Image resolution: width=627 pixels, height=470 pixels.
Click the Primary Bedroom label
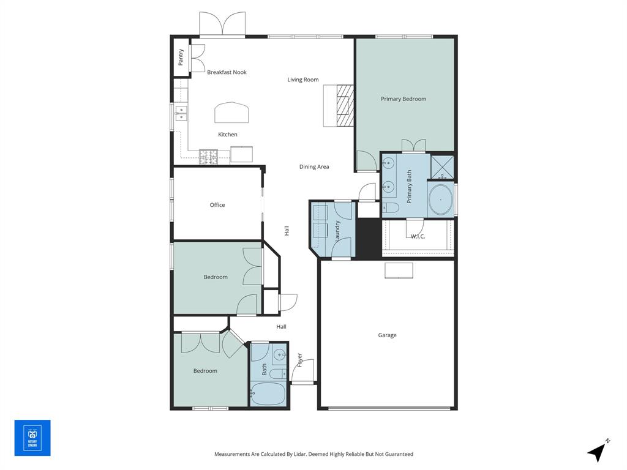click(403, 99)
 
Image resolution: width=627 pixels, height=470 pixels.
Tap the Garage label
click(387, 335)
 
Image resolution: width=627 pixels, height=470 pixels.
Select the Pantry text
click(181, 57)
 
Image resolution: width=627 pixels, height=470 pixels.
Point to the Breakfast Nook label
click(227, 72)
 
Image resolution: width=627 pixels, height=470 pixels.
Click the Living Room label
click(303, 80)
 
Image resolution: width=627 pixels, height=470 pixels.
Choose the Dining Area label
click(314, 166)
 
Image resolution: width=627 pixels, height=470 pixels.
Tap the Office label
click(217, 205)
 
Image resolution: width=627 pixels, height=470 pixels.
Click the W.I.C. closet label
click(418, 236)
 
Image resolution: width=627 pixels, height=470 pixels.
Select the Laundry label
click(337, 231)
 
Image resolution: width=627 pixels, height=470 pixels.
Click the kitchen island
click(231, 113)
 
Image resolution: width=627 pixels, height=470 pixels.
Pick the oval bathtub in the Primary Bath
click(440, 201)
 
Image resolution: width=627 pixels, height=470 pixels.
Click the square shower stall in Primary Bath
click(442, 166)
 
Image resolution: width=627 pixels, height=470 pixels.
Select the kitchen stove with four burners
click(208, 157)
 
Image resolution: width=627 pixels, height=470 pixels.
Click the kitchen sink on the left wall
click(181, 111)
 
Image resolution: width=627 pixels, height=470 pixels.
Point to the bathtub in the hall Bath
click(268, 394)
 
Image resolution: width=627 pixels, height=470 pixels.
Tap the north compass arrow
click(598, 452)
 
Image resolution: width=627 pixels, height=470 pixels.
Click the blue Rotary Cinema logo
click(32, 438)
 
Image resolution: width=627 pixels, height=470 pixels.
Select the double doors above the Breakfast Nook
click(222, 26)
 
